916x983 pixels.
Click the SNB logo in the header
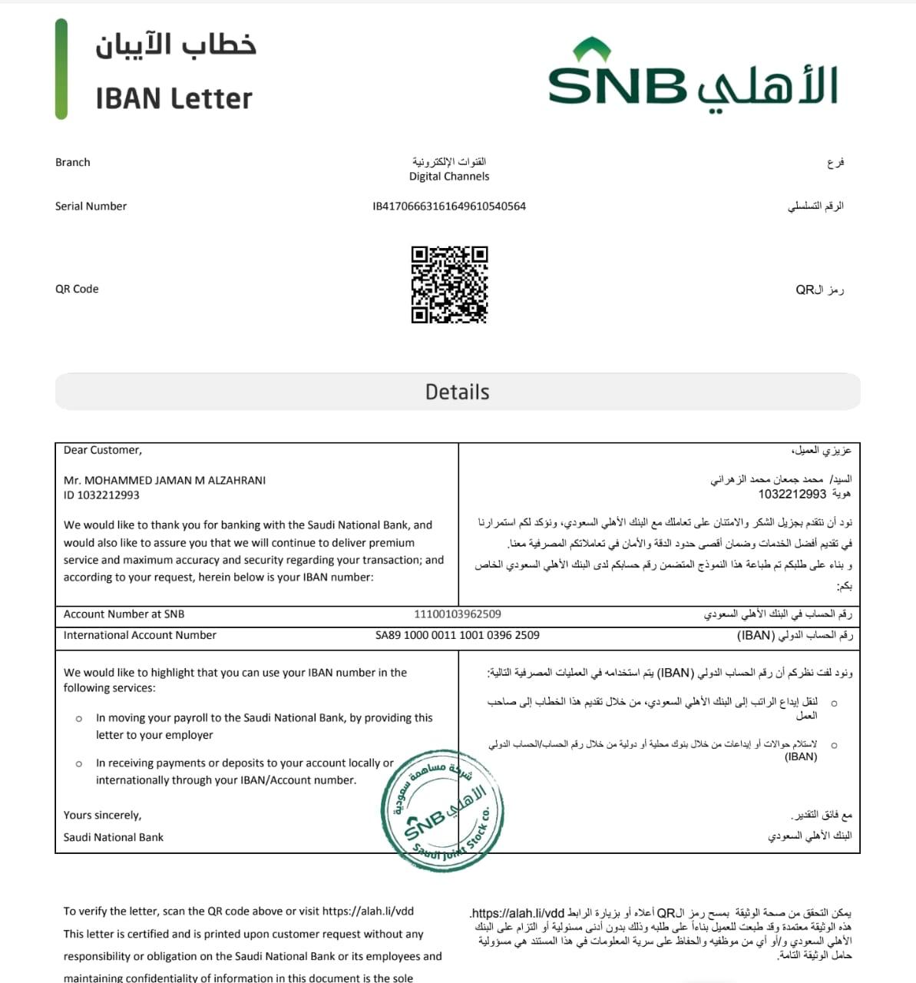692,76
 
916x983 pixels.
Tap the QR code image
449,285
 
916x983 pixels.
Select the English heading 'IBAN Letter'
174,98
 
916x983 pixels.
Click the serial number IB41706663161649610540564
449,206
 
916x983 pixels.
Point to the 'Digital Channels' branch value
449,177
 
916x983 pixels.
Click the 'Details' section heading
457,392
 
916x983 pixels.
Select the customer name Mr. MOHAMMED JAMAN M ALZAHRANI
164,481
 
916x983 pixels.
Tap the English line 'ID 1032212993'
101,495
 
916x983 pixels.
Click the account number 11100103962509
457,614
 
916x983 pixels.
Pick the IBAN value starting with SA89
457,635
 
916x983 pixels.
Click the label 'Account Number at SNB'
124,614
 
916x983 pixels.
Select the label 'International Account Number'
140,635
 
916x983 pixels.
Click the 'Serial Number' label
91,206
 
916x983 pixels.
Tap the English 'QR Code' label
77,289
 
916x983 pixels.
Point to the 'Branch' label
72,162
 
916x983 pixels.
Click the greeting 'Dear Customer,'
103,450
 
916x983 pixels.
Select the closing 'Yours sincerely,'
102,816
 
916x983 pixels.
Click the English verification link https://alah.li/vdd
368,912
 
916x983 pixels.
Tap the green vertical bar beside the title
61,69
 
